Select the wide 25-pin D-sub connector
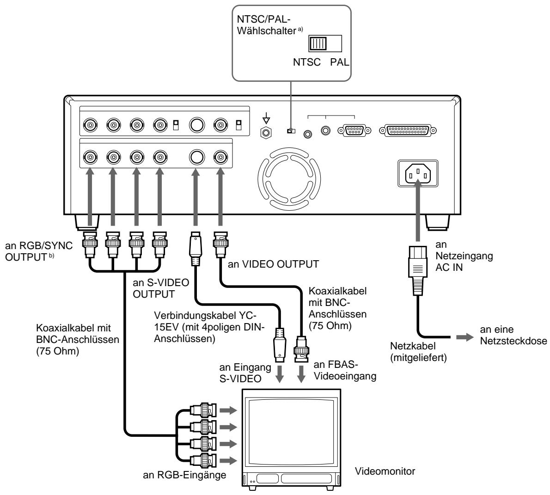(407, 130)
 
